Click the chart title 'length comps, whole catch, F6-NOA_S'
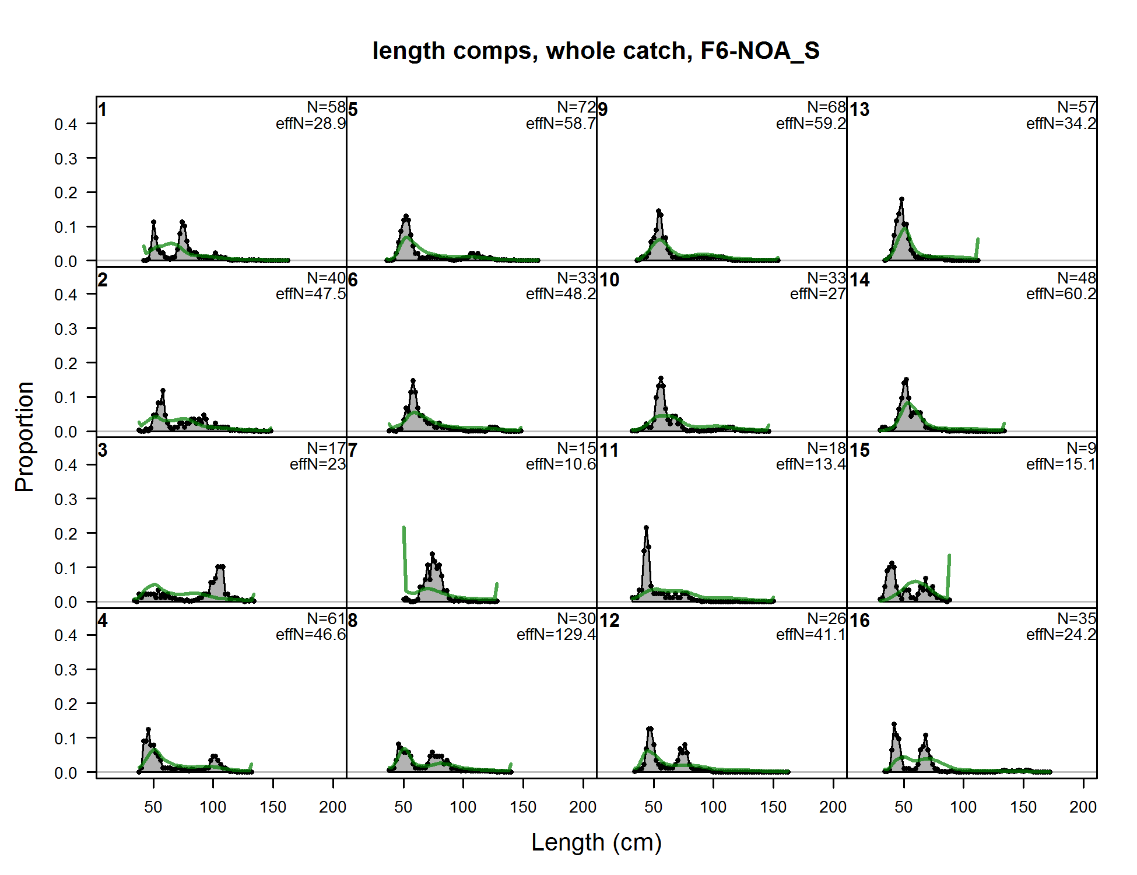(595, 51)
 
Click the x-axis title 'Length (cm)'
(596, 842)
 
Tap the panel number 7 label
(353, 450)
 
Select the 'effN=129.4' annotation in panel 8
(556, 635)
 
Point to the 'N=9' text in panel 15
(1081, 448)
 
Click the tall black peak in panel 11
(646, 528)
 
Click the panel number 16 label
(859, 621)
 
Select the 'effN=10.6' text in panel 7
(560, 464)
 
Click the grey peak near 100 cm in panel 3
(220, 567)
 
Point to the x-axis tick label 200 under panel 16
(1083, 807)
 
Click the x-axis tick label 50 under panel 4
(153, 807)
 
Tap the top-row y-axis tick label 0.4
(65, 124)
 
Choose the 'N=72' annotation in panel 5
(576, 107)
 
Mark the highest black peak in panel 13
(901, 200)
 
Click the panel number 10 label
(609, 280)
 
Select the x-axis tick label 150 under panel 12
(773, 807)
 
